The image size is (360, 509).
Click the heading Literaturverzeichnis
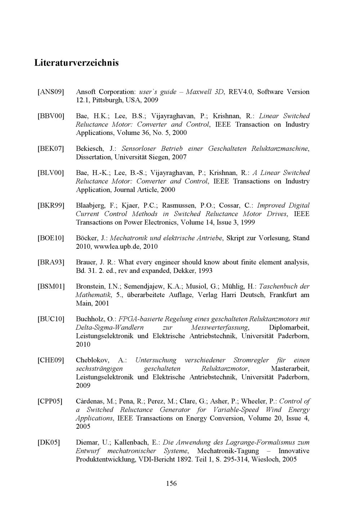pyautogui.click(x=76, y=63)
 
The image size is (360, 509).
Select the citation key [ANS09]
pyautogui.click(x=51, y=92)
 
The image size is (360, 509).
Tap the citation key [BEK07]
pyautogui.click(x=51, y=149)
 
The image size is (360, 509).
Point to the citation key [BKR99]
pyautogui.click(x=51, y=206)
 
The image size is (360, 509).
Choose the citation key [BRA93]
pyautogui.click(x=51, y=262)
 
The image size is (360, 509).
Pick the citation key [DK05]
pyautogui.click(x=49, y=443)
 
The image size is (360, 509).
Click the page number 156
pyautogui.click(x=171, y=483)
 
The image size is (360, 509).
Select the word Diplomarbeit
pyautogui.click(x=289, y=328)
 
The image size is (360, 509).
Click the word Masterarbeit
pyautogui.click(x=290, y=369)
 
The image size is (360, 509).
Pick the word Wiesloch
pyautogui.click(x=266, y=459)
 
